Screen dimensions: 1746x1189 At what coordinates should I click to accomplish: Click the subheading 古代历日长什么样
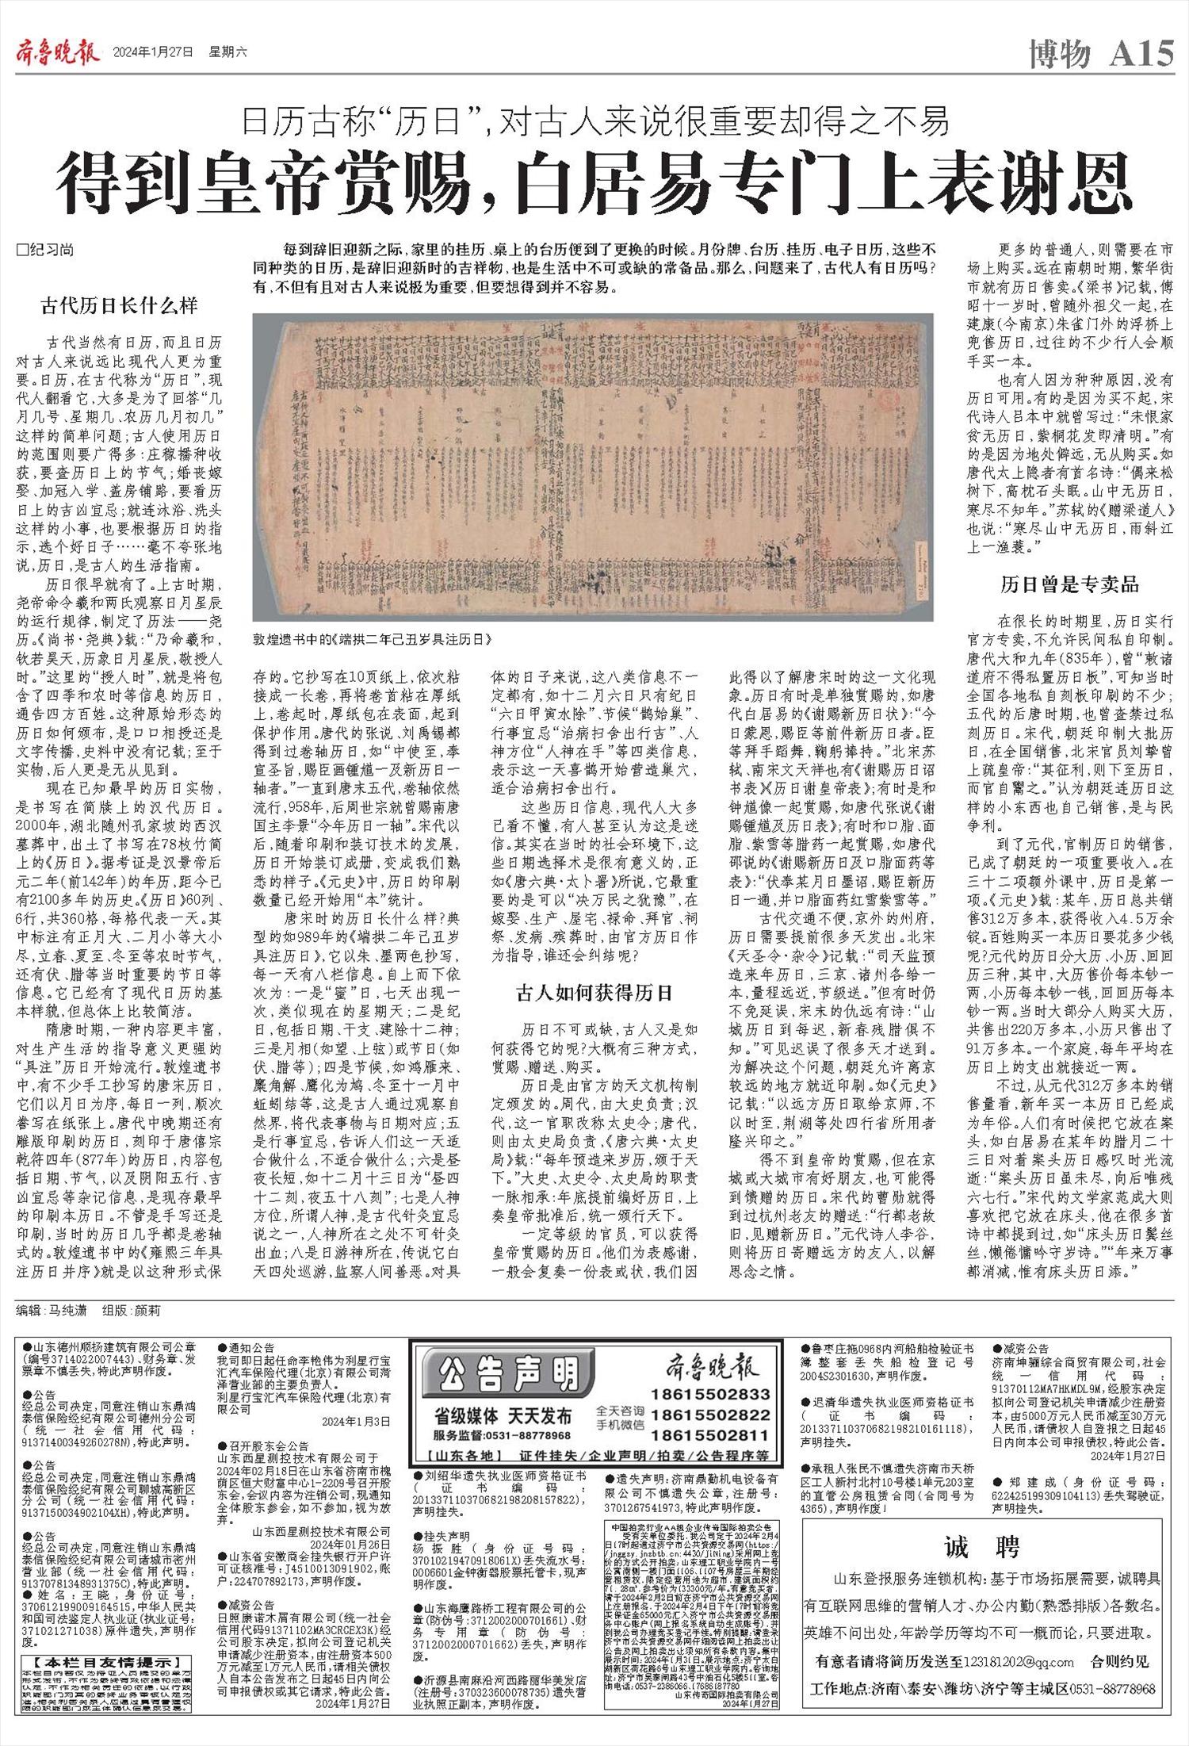[x=119, y=305]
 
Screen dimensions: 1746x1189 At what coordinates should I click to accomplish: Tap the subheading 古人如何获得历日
[x=594, y=992]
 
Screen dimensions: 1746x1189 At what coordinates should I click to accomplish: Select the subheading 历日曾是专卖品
[x=1069, y=585]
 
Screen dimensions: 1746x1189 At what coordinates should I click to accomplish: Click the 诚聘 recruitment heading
[x=982, y=1545]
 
